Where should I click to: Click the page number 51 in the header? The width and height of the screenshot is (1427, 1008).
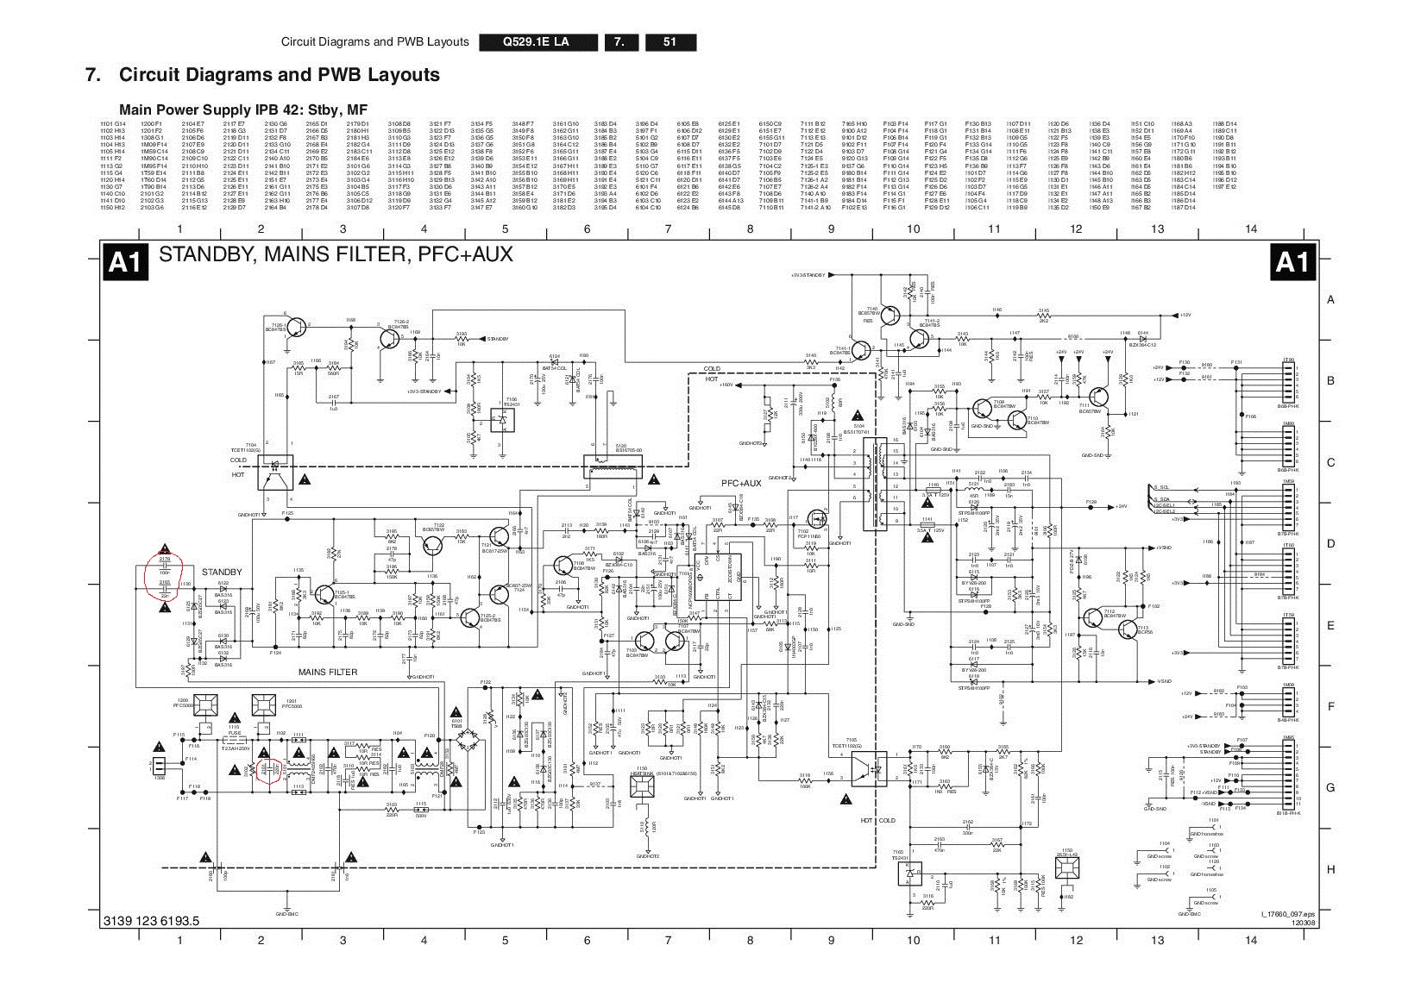tap(669, 42)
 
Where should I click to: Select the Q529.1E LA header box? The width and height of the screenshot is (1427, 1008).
tap(537, 42)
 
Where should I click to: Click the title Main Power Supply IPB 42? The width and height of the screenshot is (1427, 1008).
tap(231, 110)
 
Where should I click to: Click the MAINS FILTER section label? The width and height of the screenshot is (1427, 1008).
tap(328, 672)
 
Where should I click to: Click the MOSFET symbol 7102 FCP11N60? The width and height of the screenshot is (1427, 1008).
tap(815, 519)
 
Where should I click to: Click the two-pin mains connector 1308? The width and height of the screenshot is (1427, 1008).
tap(159, 767)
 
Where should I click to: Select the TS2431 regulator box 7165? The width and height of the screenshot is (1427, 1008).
tap(908, 875)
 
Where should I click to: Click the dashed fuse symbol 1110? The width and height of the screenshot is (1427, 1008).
tap(234, 740)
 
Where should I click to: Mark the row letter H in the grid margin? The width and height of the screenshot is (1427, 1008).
tap(1330, 868)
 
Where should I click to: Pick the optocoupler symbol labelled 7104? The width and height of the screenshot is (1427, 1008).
tap(276, 473)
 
